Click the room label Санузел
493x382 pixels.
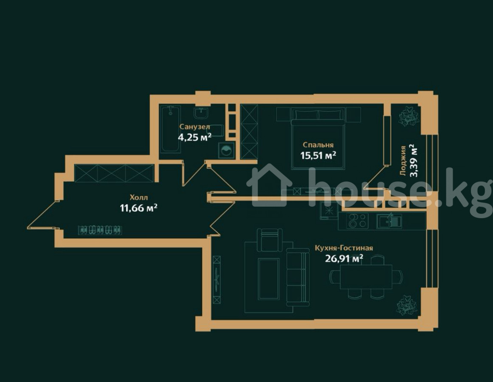coord(194,126)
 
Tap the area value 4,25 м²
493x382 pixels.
coord(194,137)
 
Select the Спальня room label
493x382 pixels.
coord(318,145)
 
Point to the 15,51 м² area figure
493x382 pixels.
coord(318,155)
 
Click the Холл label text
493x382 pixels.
coord(139,197)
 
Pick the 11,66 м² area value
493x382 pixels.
coord(139,208)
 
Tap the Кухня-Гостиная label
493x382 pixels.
coord(344,248)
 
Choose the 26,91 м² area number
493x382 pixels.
coord(344,258)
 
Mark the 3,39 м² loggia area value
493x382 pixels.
coord(414,160)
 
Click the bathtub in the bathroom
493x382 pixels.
coord(170,129)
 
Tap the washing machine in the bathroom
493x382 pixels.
coord(226,150)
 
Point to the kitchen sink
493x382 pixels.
coord(389,221)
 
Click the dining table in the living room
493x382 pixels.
coord(366,277)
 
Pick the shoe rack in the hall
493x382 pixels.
coord(100,230)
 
